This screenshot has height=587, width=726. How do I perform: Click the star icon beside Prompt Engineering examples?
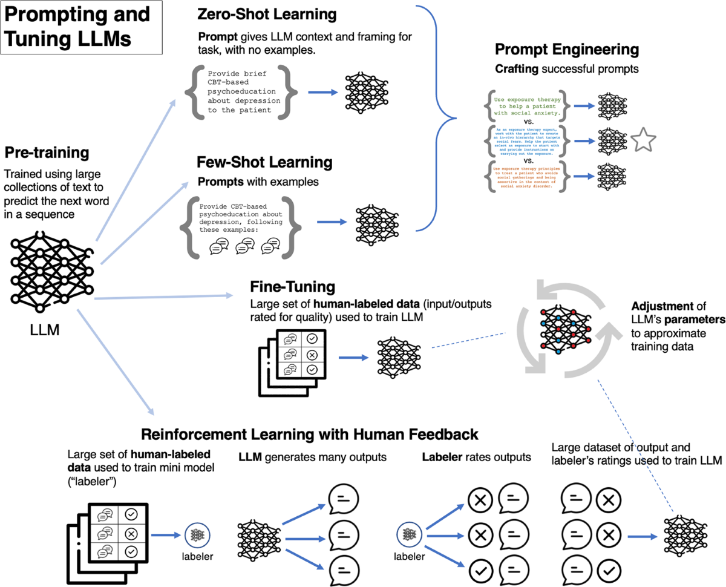tap(643, 141)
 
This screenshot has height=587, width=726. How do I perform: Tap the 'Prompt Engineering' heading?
tap(567, 50)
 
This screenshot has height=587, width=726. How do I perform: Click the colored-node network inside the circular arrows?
tap(564, 332)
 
